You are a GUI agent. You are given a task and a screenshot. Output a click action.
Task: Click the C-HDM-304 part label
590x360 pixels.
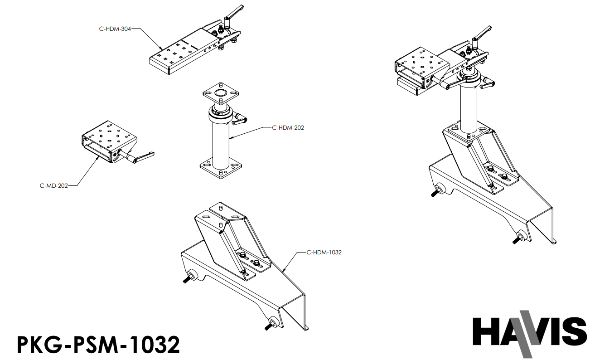click(115, 29)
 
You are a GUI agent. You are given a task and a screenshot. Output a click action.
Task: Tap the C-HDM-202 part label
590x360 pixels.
click(288, 128)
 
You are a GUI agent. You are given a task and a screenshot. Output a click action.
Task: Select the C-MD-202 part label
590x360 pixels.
click(54, 185)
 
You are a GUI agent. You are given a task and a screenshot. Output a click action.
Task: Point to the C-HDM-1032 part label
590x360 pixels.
click(324, 252)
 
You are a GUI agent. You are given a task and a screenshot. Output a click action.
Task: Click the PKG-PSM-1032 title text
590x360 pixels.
click(98, 344)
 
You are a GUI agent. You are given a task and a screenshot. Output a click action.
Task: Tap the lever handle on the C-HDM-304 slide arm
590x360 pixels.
click(234, 11)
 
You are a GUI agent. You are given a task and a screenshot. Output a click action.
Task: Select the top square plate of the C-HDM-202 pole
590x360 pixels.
click(220, 92)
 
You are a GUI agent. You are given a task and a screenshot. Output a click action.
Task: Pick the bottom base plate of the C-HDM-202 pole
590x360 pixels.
click(220, 168)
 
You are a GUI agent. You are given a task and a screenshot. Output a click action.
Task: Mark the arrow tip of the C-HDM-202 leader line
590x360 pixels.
click(230, 137)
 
